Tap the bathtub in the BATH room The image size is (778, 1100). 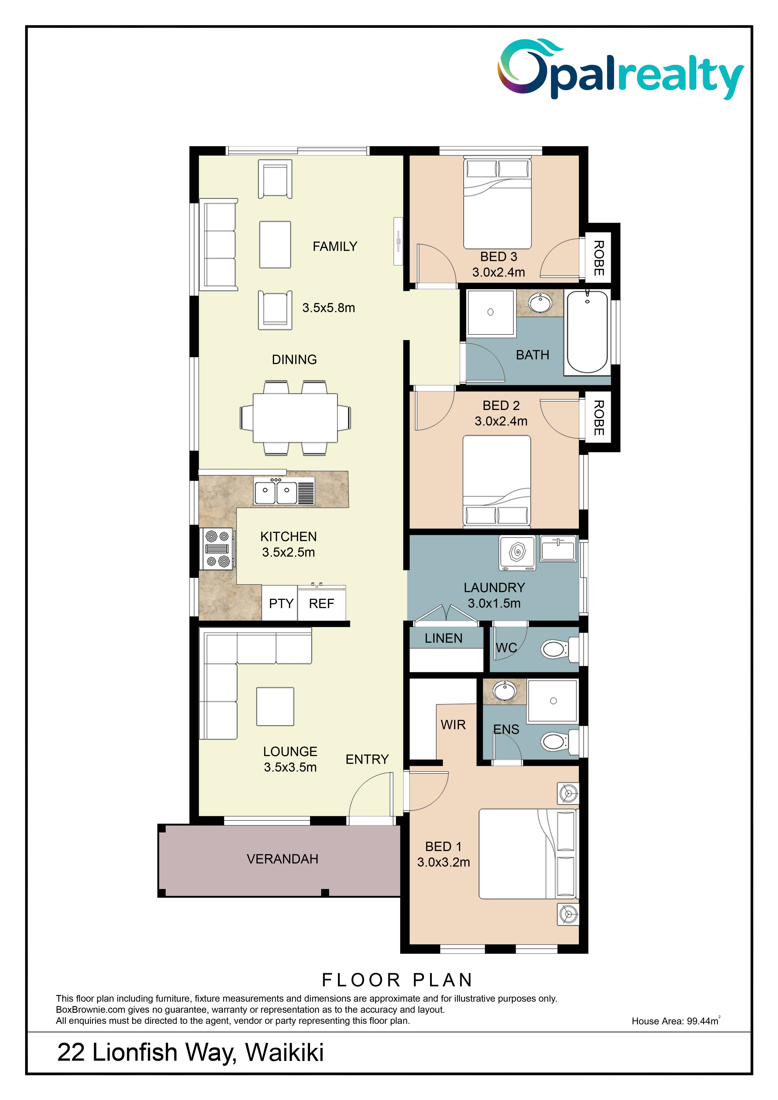pyautogui.click(x=587, y=332)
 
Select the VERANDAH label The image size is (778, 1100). pyautogui.click(x=283, y=859)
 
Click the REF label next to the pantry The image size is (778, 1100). pyautogui.click(x=322, y=604)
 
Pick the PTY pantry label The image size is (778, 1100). pyautogui.click(x=281, y=604)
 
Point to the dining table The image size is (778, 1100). pyautogui.click(x=295, y=418)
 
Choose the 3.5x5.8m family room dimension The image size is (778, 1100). pyautogui.click(x=329, y=308)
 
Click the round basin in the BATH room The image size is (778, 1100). pyautogui.click(x=540, y=303)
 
